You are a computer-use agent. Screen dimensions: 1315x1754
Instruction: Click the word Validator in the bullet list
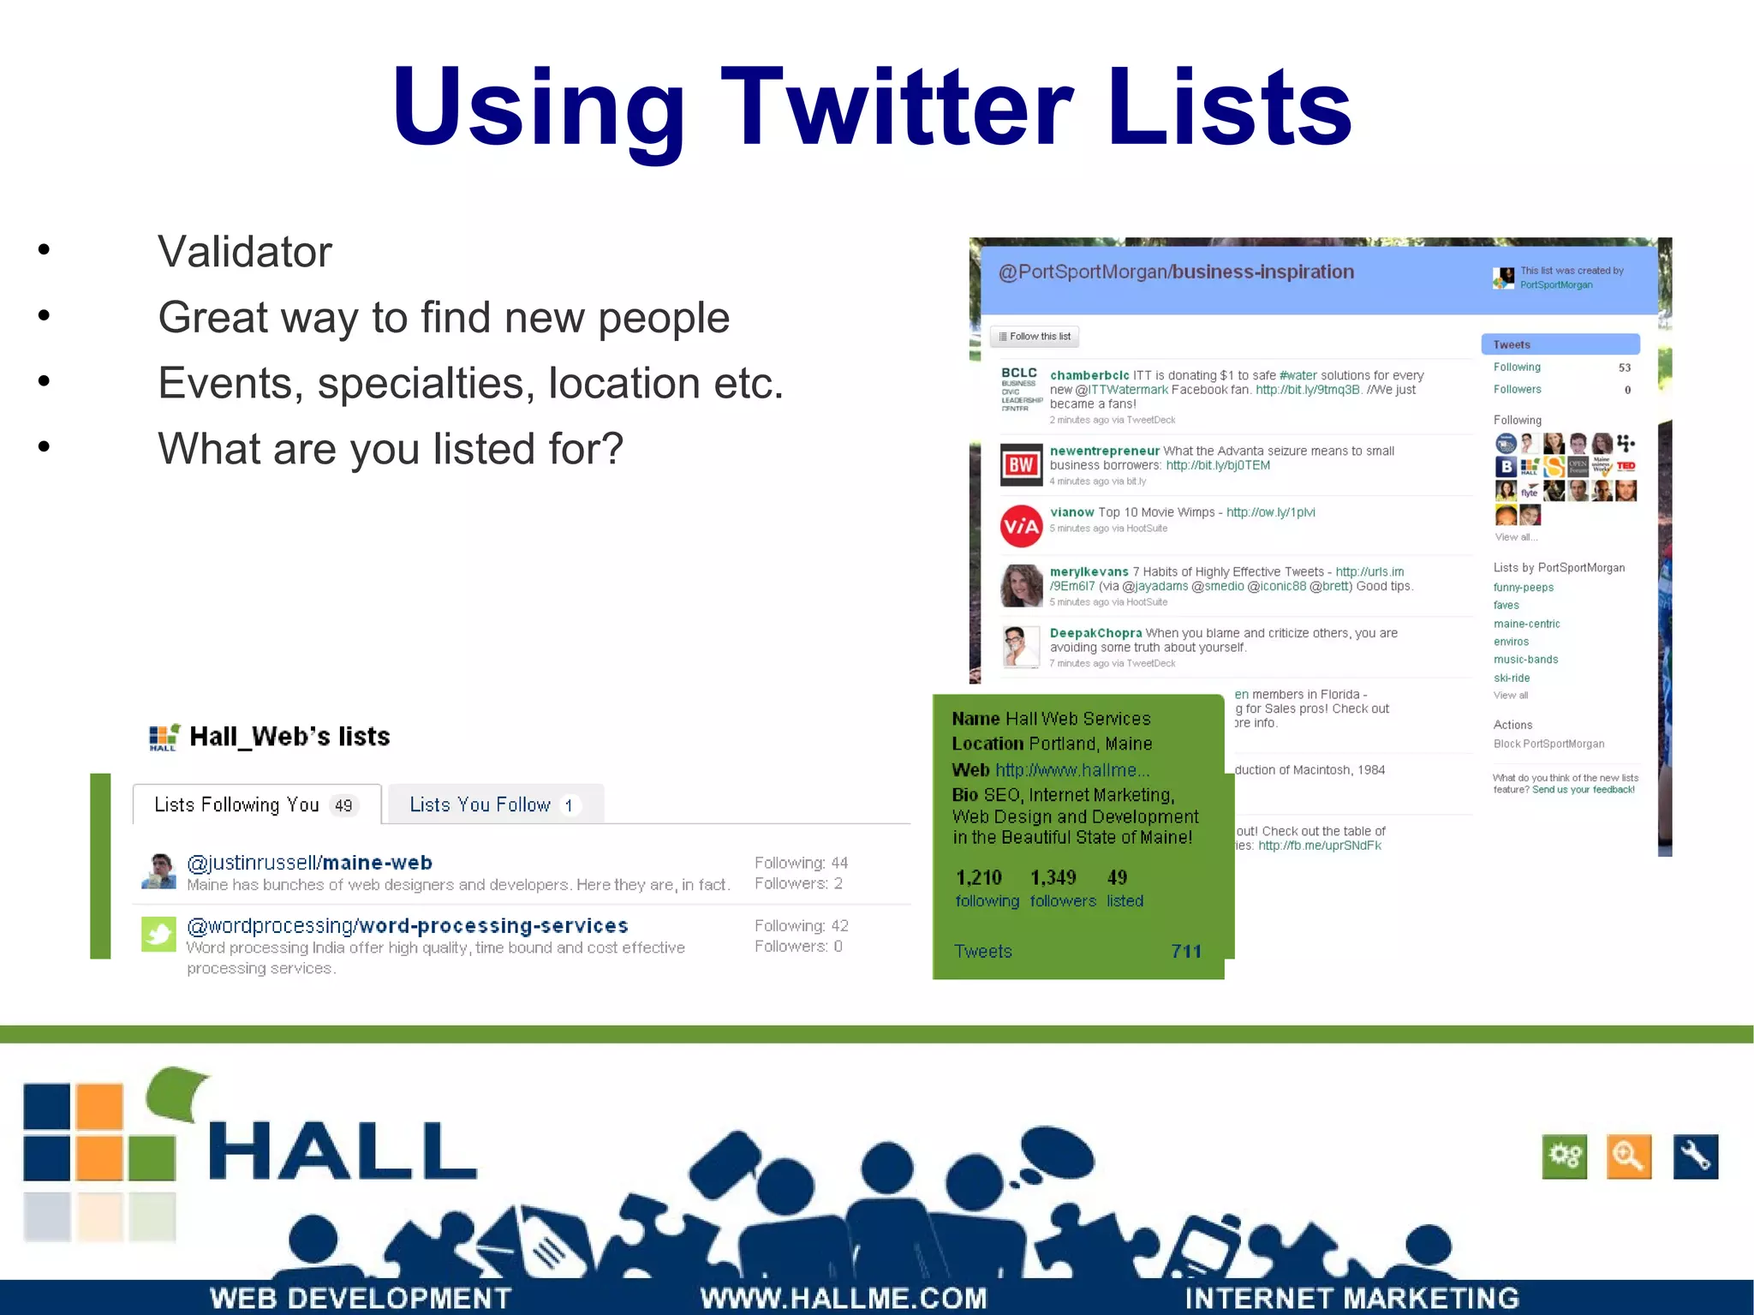pyautogui.click(x=244, y=252)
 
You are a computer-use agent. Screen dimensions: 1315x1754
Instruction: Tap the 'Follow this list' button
pyautogui.click(x=1035, y=337)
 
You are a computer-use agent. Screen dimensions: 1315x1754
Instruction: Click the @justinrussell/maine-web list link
pyautogui.click(x=309, y=863)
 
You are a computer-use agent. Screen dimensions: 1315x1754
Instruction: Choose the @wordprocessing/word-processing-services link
pyautogui.click(x=407, y=926)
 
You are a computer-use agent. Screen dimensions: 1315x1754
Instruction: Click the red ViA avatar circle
pyautogui.click(x=1021, y=526)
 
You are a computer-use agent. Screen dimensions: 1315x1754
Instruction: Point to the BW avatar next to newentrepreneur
pyautogui.click(x=1021, y=464)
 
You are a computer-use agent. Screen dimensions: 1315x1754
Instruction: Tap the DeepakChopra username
pyautogui.click(x=1095, y=633)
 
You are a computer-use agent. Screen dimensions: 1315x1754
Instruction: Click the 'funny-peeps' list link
pyautogui.click(x=1523, y=588)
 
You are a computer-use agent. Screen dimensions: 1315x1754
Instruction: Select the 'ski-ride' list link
pyautogui.click(x=1511, y=678)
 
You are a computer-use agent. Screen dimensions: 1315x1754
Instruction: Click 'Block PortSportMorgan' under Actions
pyautogui.click(x=1548, y=744)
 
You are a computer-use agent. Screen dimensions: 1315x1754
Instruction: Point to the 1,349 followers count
pyautogui.click(x=1053, y=877)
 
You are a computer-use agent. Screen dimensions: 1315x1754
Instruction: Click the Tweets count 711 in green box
pyautogui.click(x=1185, y=951)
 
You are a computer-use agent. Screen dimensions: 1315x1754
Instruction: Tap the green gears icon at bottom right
pyautogui.click(x=1564, y=1157)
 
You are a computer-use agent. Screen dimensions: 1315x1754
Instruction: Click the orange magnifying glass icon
pyautogui.click(x=1628, y=1157)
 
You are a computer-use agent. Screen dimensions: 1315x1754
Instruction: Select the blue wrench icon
pyautogui.click(x=1695, y=1157)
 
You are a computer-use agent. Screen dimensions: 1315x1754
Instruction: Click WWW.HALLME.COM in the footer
pyautogui.click(x=844, y=1298)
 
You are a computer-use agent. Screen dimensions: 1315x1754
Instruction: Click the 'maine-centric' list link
pyautogui.click(x=1526, y=624)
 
